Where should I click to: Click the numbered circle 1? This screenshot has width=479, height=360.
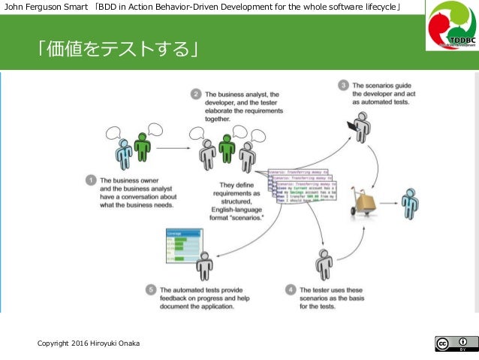[x=90, y=180]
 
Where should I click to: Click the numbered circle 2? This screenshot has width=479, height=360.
[x=195, y=95]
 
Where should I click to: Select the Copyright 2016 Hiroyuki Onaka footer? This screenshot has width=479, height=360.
[x=89, y=343]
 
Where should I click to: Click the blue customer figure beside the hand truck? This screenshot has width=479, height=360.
[x=409, y=203]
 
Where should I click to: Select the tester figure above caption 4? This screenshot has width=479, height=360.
[x=324, y=263]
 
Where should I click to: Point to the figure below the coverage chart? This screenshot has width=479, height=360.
[x=204, y=265]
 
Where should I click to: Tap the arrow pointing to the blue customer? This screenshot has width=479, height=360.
[x=389, y=202]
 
